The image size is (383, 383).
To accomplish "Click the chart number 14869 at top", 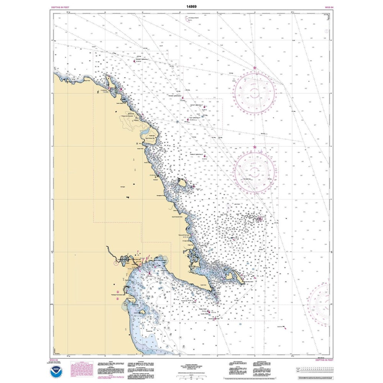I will (191, 7).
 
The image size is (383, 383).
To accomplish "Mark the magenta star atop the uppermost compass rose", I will (255, 68).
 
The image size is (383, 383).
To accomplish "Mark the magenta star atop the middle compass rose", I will (255, 147).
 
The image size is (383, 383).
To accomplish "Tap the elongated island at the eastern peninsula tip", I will (234, 277).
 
